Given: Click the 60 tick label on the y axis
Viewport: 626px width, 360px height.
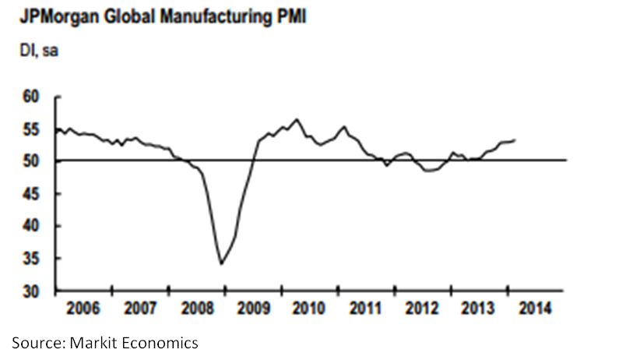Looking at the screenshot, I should click(x=30, y=98).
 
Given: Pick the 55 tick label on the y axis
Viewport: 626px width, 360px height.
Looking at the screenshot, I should click(x=30, y=130).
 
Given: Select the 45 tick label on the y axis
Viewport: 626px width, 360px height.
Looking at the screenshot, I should click(x=30, y=195).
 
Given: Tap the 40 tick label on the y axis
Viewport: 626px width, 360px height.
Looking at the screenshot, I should click(x=30, y=227).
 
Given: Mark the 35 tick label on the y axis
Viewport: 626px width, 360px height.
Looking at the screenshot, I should click(x=30, y=259).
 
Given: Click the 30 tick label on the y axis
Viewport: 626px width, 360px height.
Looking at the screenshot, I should click(x=30, y=292).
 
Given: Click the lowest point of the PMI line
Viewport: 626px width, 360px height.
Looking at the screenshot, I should click(x=221, y=264).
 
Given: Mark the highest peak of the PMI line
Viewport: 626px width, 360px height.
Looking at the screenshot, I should click(x=296, y=119).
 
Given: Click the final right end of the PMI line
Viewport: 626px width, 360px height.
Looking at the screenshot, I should click(x=516, y=139).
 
